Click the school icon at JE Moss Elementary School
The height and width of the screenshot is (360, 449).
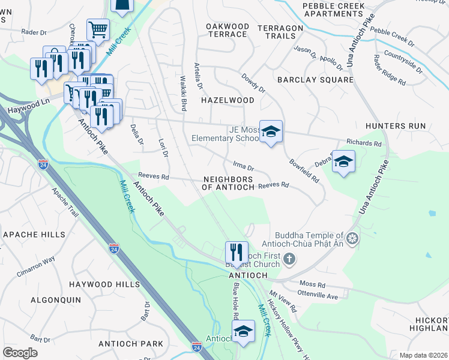271,131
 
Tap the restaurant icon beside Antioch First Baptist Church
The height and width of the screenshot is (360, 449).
237,252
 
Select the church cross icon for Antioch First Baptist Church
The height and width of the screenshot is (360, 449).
289,260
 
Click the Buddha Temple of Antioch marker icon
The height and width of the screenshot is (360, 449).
352,239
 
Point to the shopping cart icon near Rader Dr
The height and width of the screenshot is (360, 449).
97,29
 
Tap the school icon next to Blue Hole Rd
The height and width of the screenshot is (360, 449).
243,331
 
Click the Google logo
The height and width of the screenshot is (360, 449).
20,353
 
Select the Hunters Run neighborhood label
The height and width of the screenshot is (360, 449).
395,126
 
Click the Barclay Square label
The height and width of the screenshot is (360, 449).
315,80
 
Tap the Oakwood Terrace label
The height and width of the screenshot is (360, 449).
227,30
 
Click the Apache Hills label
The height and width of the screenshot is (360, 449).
29,234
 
